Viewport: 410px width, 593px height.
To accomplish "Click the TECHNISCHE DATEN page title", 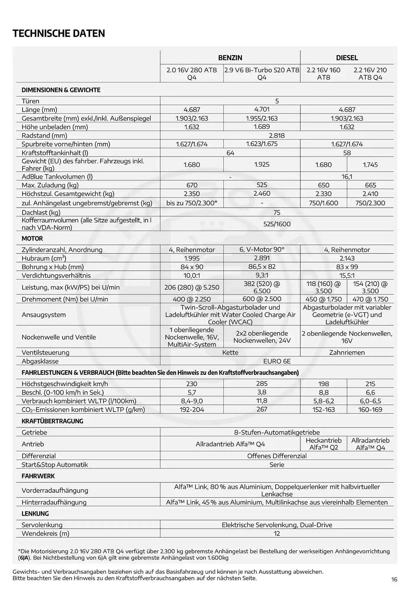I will (x=59, y=33).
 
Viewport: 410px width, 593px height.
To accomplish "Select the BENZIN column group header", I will (x=230, y=58).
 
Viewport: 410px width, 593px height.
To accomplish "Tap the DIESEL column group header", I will (x=347, y=58).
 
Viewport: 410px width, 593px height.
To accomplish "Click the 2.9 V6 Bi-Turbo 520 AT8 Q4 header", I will (x=262, y=74).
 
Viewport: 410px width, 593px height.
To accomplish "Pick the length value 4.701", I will (x=262, y=109).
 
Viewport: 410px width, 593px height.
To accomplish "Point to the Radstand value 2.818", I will (x=277, y=136).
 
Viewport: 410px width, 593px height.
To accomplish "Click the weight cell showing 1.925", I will (x=262, y=164).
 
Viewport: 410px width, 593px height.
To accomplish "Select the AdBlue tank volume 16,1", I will (x=347, y=177).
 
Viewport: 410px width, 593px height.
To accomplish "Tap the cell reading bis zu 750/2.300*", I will (x=192, y=203).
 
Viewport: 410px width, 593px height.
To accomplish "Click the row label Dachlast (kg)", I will (x=41, y=213).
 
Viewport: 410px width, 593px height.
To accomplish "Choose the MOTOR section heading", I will (x=32, y=238).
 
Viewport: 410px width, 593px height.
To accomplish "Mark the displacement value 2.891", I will (x=262, y=258).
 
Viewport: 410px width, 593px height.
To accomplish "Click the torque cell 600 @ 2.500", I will (x=262, y=299).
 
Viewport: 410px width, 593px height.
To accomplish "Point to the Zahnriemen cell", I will (x=347, y=353).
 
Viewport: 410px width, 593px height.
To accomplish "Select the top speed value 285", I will (x=262, y=384).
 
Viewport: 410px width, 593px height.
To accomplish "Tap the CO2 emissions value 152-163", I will (x=324, y=409).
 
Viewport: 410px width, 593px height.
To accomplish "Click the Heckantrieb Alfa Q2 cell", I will (x=324, y=444).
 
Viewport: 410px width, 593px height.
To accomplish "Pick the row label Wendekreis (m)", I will (x=45, y=533).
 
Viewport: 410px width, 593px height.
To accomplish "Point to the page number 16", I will (x=394, y=579).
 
